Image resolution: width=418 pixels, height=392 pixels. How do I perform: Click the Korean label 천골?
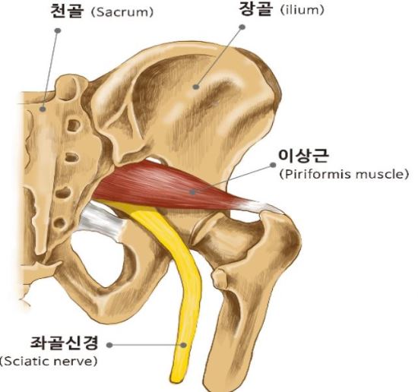67,11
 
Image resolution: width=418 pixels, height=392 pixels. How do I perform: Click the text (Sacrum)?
122,12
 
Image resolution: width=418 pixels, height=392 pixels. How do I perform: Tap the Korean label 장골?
256,9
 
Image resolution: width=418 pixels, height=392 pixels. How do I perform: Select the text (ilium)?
302,11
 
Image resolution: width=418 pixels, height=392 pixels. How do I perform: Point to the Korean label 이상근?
303,156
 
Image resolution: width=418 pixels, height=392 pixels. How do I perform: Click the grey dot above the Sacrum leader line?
58,30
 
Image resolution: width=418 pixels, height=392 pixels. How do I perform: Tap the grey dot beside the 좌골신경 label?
109,345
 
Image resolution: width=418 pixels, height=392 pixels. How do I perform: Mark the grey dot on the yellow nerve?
183,345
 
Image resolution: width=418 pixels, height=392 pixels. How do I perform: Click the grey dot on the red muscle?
192,192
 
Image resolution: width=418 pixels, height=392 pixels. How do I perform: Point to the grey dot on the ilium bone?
196,87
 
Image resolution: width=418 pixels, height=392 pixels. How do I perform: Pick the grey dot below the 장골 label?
242,27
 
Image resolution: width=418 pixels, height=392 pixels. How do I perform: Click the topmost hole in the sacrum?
74,125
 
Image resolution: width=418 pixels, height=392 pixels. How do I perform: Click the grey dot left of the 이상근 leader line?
273,165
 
